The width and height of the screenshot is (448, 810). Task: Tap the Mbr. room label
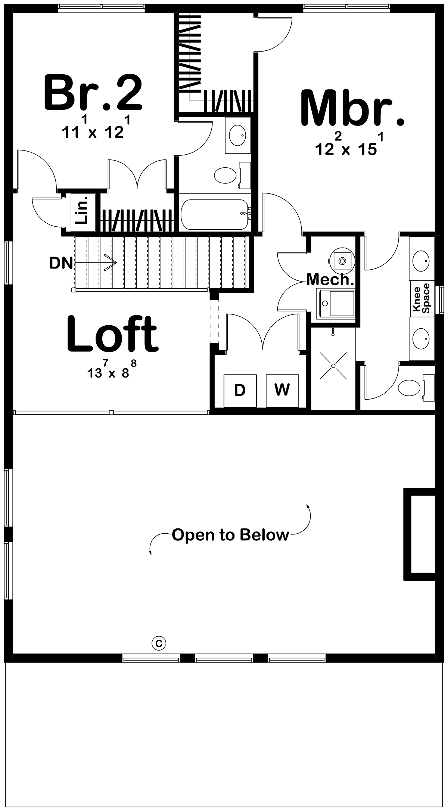353,108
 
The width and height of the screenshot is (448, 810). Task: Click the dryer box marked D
240,390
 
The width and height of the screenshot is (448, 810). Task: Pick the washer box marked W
282,390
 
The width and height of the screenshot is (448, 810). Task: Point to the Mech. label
330,280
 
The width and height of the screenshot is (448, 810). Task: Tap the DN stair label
61,263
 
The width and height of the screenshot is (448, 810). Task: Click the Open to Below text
230,535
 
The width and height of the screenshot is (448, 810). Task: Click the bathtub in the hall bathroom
214,215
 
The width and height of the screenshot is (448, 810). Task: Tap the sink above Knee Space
421,258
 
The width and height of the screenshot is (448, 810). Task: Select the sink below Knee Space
421,339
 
